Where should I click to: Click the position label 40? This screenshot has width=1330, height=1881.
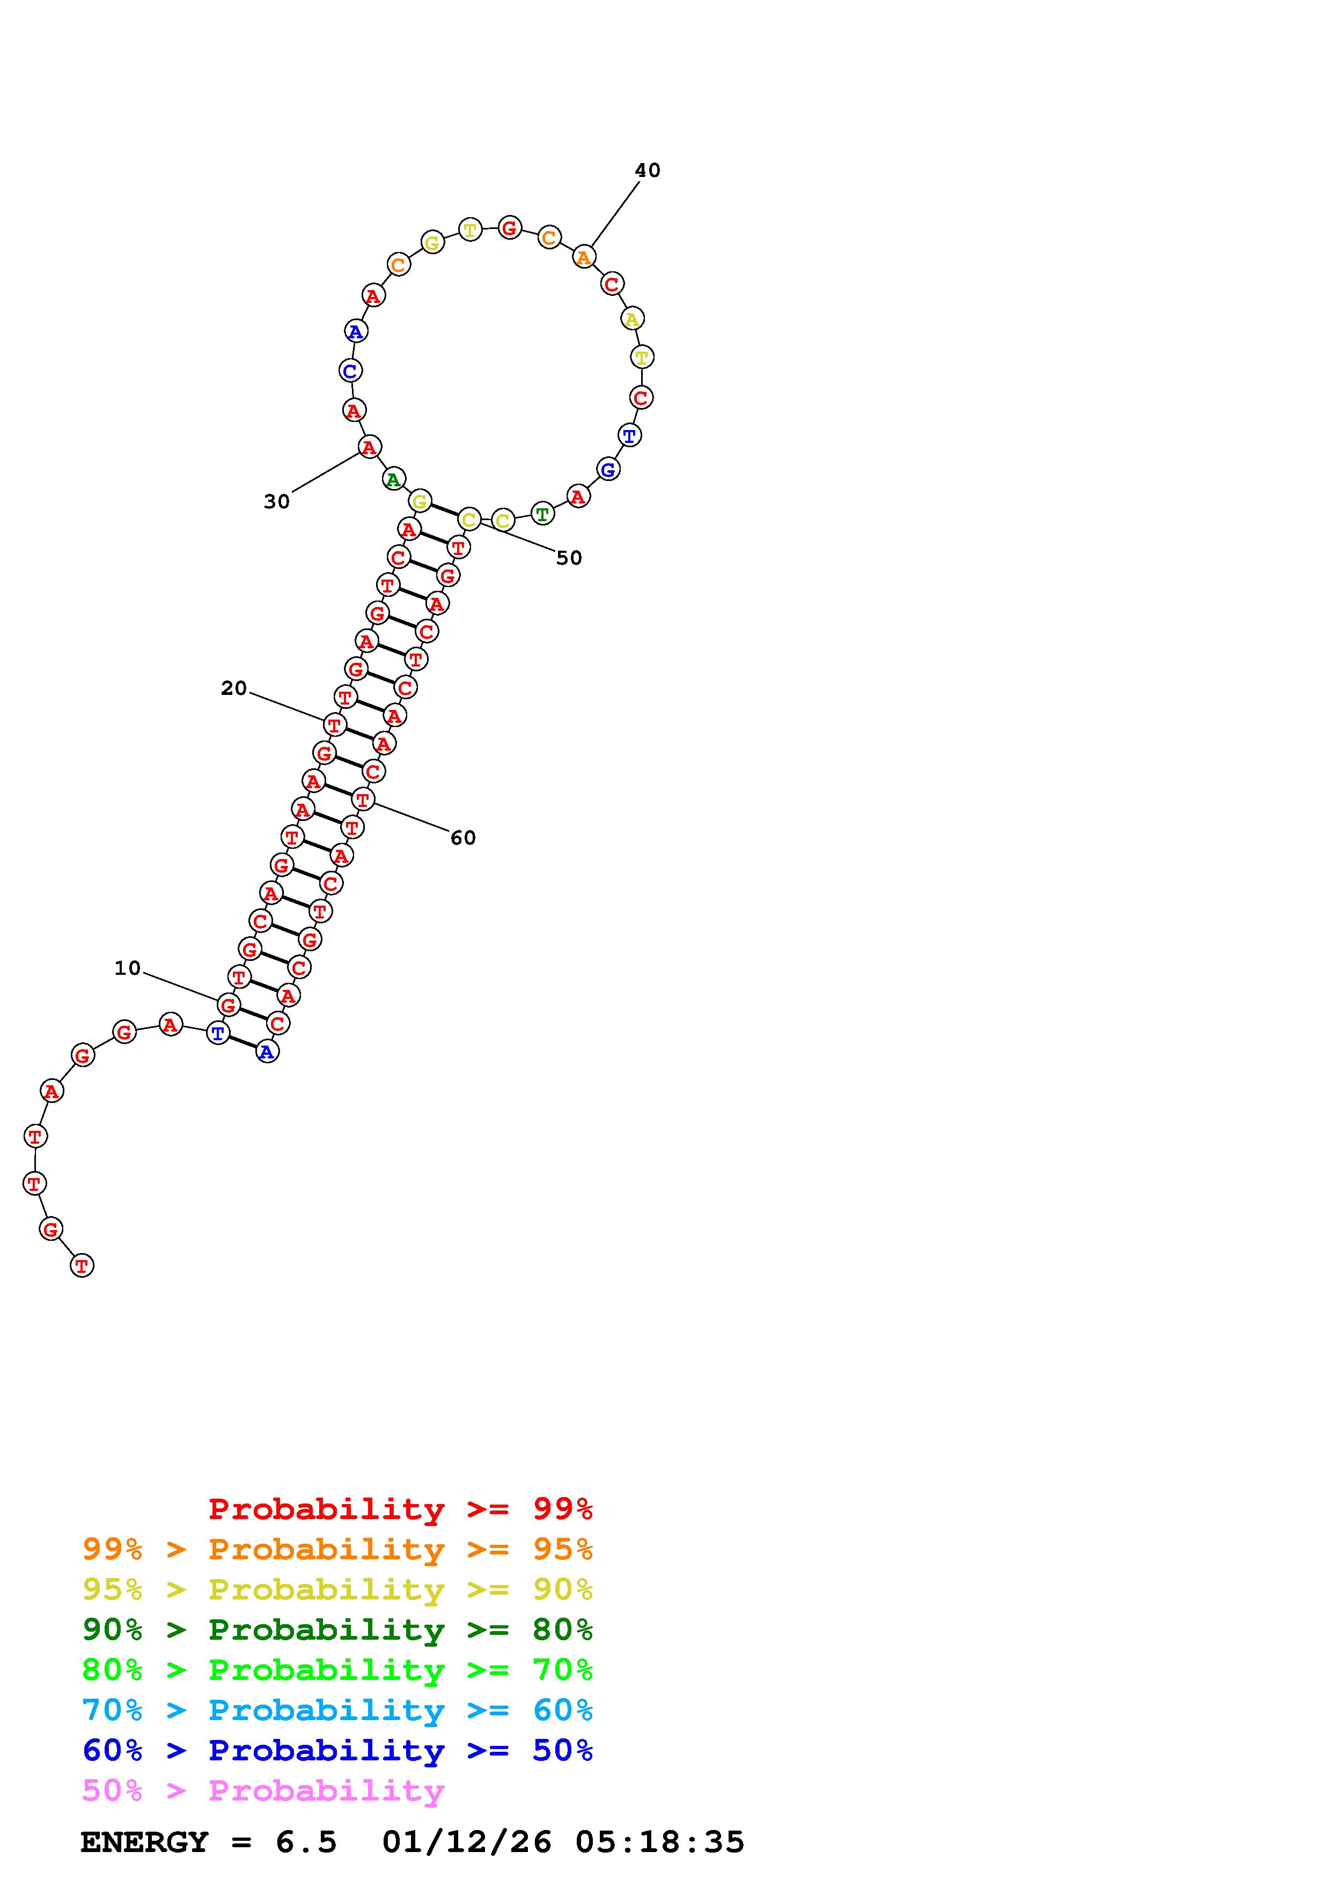[x=648, y=171]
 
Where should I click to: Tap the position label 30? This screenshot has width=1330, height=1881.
[x=277, y=501]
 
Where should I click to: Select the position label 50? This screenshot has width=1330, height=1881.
[x=569, y=558]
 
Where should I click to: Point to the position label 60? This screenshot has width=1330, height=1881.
[x=463, y=837]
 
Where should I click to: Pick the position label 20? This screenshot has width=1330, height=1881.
[x=233, y=688]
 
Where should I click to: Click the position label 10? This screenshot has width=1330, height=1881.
[x=128, y=968]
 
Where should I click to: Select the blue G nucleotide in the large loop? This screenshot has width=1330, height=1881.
[x=608, y=469]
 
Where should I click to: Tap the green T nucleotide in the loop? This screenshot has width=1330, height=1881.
[x=542, y=514]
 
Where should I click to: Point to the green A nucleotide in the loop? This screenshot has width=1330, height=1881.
[x=393, y=479]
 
